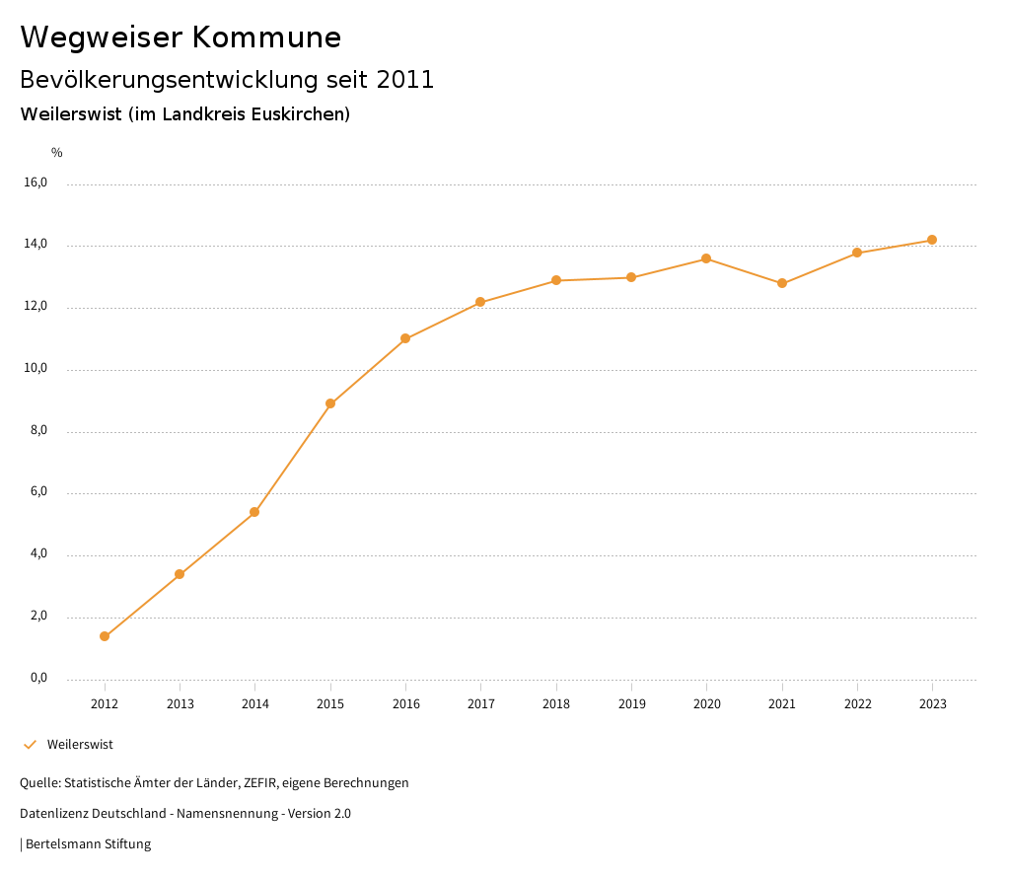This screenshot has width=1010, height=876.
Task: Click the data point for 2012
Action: coord(105,636)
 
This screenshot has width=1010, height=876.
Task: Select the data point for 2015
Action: coord(330,403)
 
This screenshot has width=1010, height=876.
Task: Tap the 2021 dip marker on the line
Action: coord(782,283)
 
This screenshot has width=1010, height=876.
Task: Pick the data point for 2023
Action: coord(932,240)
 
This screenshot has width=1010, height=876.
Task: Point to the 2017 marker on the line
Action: coord(480,302)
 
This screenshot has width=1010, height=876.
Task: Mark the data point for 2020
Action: coord(706,258)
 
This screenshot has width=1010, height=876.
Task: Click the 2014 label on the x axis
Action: coord(255,704)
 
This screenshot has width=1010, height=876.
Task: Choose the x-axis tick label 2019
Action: coord(631,704)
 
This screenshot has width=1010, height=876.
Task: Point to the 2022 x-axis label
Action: coord(857,704)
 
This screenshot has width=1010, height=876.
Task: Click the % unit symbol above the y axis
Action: coord(57,153)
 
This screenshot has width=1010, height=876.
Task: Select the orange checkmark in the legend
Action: coord(30,745)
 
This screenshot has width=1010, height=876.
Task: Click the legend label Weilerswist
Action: coord(80,745)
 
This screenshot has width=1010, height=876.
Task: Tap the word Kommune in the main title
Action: coord(266,37)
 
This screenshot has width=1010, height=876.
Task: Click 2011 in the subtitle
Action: coord(405,79)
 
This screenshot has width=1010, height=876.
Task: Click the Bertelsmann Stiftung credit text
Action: coord(88,844)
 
